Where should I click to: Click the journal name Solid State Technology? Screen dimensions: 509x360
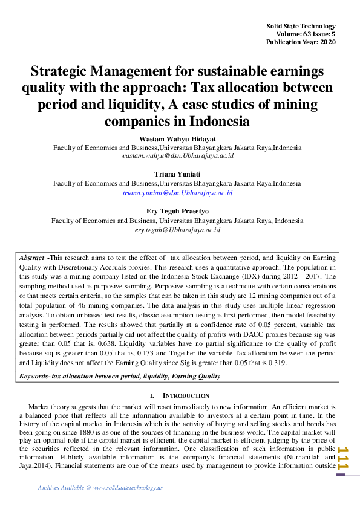point(301,27)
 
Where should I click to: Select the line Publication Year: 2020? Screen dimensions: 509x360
point(301,42)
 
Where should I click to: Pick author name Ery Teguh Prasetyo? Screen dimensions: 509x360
point(177,212)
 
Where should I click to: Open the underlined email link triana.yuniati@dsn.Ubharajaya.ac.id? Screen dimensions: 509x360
point(177,193)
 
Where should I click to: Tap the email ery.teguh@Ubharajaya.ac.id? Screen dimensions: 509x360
point(177,230)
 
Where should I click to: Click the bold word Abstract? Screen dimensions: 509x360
point(32,258)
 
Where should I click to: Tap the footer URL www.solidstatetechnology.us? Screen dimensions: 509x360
point(128,488)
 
